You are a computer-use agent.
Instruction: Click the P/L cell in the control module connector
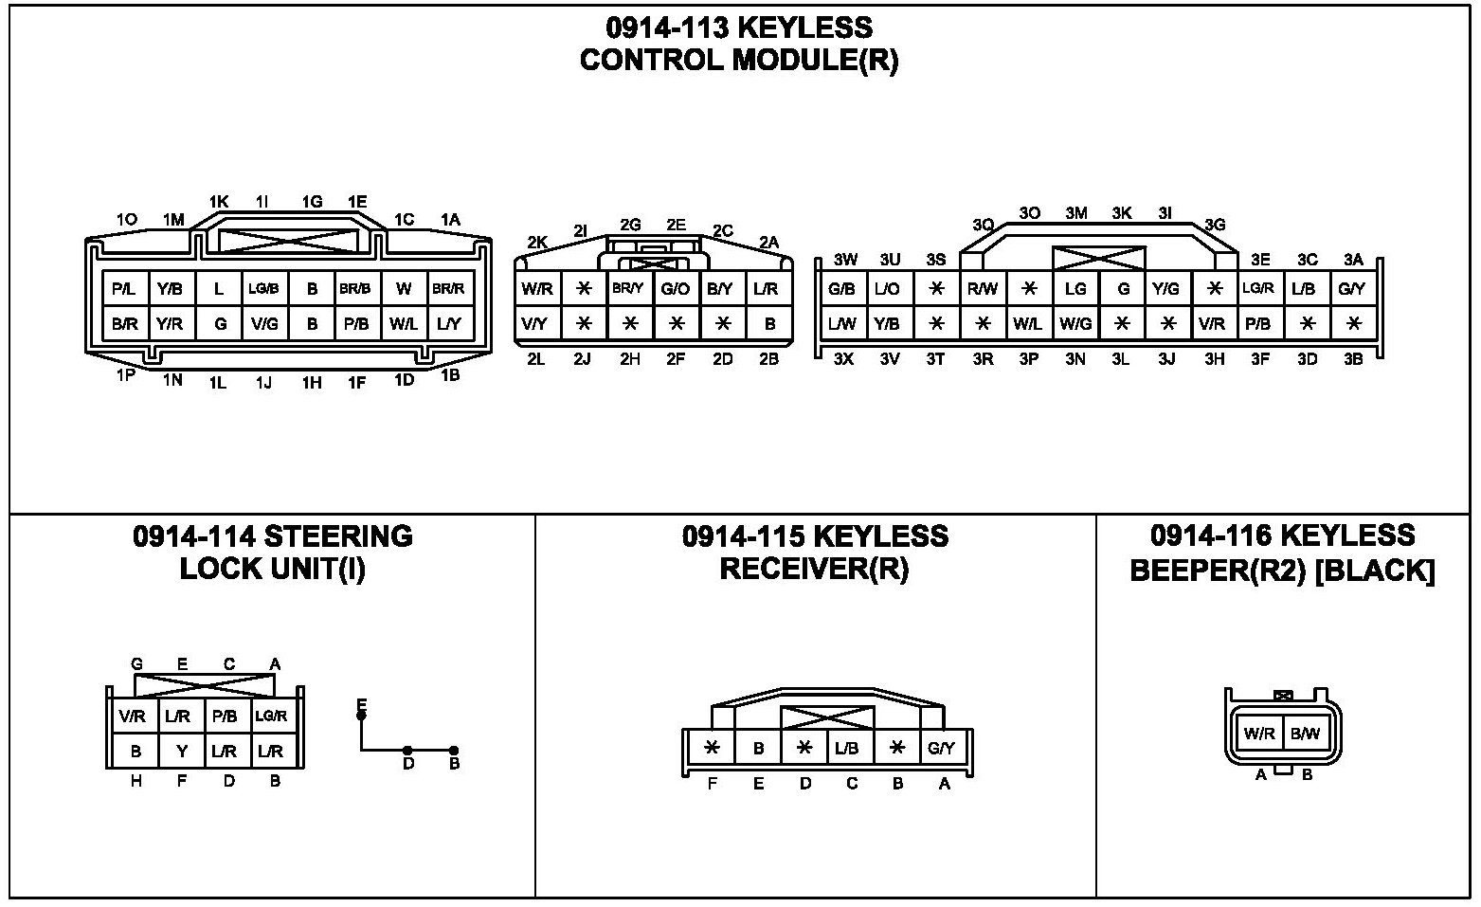[124, 289]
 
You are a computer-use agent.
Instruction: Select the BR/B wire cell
[355, 289]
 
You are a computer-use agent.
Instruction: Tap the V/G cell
[264, 324]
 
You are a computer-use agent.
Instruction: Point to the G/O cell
[676, 289]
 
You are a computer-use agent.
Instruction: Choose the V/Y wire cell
[535, 324]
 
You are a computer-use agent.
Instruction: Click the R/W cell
[982, 289]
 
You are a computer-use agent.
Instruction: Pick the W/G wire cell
[1075, 324]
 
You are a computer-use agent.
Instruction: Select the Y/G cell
[1166, 289]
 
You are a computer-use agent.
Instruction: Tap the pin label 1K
[219, 202]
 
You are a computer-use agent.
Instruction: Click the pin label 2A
[768, 242]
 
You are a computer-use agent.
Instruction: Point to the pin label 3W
[845, 260]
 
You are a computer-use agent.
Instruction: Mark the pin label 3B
[1353, 359]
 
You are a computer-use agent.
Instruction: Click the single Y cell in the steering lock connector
[182, 752]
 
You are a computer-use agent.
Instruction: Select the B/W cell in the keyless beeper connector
[1305, 734]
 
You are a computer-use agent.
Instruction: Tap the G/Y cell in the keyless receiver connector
[941, 749]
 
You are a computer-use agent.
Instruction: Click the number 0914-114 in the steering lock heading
[193, 537]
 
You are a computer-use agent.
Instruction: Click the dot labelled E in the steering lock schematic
[361, 716]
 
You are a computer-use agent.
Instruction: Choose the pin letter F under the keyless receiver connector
[713, 784]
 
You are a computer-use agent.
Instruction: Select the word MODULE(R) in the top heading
[815, 61]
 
